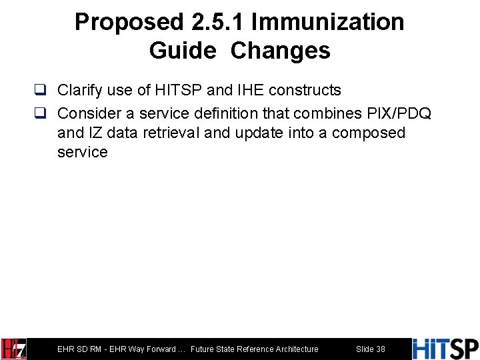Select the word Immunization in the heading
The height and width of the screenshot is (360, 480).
328,22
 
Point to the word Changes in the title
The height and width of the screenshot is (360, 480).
281,51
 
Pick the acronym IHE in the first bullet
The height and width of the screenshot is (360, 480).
253,90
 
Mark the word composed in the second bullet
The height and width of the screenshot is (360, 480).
369,133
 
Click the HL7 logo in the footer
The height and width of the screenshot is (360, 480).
13,349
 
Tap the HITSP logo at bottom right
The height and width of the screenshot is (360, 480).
445,349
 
